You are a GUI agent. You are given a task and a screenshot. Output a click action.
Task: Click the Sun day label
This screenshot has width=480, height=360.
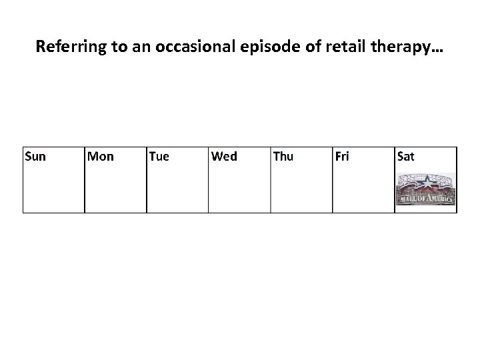35,157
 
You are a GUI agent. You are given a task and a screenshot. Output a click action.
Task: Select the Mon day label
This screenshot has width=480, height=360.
101,157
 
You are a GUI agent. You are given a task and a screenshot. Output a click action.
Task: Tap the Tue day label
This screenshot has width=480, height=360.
159,157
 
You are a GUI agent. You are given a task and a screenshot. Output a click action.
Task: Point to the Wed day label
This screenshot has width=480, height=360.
223,157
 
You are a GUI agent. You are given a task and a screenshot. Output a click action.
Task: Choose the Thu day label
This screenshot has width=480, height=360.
283,157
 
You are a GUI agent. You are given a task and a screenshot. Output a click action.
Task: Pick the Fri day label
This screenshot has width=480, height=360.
342,157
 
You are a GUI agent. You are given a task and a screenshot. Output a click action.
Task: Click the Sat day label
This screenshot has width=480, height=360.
405,157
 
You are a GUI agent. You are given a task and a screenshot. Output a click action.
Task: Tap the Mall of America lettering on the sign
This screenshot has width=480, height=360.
426,199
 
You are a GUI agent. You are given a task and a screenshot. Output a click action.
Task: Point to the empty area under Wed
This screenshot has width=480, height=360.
239,190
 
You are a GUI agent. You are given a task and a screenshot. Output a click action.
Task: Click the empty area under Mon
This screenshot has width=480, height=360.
115,190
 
